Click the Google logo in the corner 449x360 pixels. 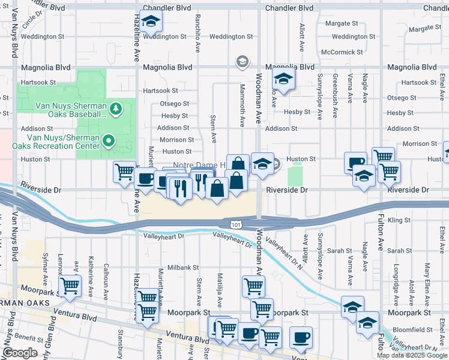[x=20, y=353]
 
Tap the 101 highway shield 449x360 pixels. [x=231, y=223]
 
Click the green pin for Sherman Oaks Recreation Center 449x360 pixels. [x=109, y=141]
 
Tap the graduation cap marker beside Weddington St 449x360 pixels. [x=151, y=23]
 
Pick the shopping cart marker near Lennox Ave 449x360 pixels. [x=70, y=286]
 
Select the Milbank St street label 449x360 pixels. [x=183, y=267]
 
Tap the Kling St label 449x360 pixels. [x=399, y=221]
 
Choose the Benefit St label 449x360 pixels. [x=26, y=337]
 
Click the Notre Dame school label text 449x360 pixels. [x=198, y=164]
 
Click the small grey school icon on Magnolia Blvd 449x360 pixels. [x=242, y=61]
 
